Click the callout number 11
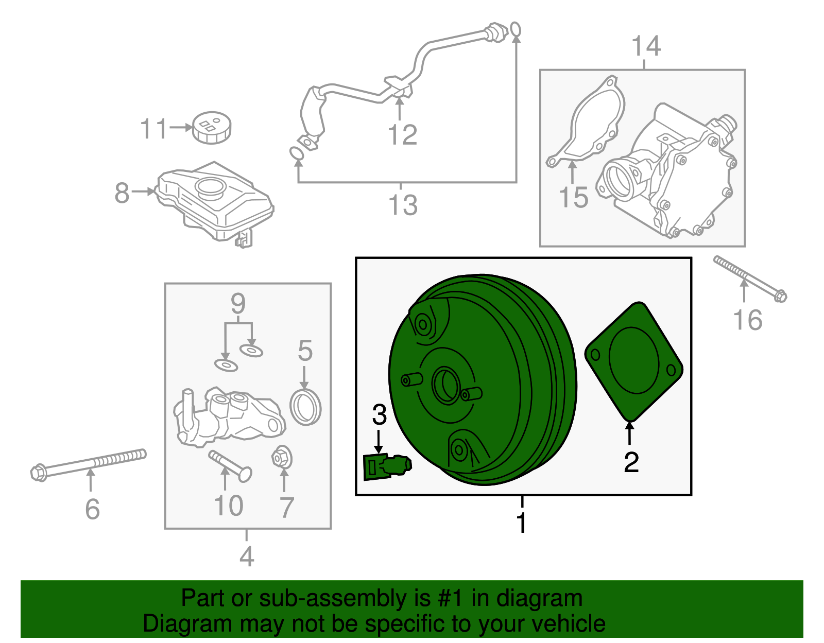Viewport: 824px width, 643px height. click(153, 128)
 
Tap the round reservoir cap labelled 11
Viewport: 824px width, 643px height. click(212, 127)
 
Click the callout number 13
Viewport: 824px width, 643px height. click(403, 205)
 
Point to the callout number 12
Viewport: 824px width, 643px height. click(402, 135)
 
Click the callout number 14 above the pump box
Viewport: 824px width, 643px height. click(646, 46)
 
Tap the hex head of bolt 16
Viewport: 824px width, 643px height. click(780, 296)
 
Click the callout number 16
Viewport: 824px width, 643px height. click(747, 320)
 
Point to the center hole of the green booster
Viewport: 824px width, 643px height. click(446, 385)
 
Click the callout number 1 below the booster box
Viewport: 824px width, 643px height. click(522, 523)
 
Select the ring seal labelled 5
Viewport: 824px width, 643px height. click(305, 407)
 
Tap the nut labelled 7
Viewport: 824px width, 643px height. click(282, 458)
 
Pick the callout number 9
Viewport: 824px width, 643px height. click(238, 304)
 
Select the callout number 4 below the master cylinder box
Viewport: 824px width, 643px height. click(247, 556)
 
